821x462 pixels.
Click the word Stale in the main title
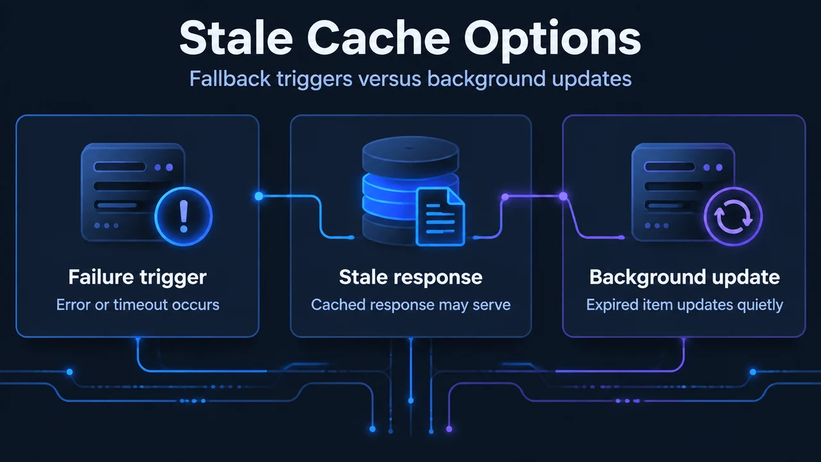click(236, 38)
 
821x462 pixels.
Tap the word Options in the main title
click(552, 40)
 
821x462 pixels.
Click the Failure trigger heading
click(137, 278)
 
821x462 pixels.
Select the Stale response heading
click(410, 278)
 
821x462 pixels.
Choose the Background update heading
click(684, 278)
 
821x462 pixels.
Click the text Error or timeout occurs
click(137, 305)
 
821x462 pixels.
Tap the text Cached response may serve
click(410, 305)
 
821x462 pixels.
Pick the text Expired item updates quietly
click(684, 305)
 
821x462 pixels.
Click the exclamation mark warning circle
click(183, 216)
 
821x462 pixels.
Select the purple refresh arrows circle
click(733, 216)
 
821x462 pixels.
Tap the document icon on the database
click(440, 216)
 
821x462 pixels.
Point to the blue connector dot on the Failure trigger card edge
click(258, 196)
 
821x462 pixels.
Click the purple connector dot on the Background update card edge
click(563, 196)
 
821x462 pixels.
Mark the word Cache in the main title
click(378, 38)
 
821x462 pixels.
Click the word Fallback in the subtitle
click(230, 78)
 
